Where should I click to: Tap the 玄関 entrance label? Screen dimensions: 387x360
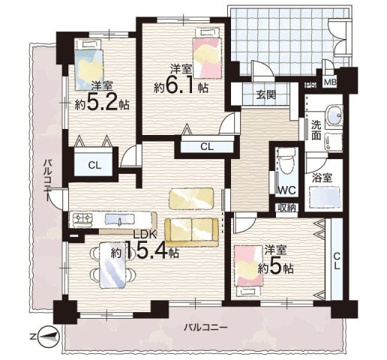point(266,94)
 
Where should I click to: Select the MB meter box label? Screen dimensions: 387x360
point(331,82)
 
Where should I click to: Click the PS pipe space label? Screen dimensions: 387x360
point(310,85)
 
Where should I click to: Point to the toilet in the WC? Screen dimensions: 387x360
point(286,163)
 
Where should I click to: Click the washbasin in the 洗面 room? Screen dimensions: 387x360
point(334,115)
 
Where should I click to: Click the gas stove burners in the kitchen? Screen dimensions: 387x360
point(82,218)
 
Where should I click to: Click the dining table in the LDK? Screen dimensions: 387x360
point(112,265)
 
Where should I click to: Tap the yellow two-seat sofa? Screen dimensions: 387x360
point(191,232)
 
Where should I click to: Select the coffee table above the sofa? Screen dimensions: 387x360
point(192,199)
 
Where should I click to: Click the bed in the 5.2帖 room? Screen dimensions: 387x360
point(89,64)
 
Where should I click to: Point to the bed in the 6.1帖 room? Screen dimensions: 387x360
point(207,53)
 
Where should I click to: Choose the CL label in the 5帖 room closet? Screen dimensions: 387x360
point(337,261)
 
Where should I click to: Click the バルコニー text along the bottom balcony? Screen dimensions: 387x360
point(205,327)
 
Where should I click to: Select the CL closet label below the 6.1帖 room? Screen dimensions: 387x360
point(207,146)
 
